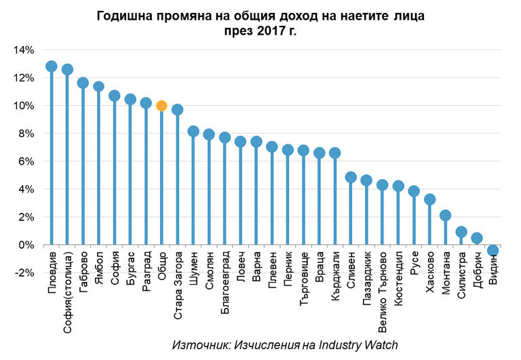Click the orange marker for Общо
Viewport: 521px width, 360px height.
pos(161,105)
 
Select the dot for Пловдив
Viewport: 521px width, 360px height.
pos(51,66)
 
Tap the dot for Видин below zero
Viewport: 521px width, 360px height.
pos(493,250)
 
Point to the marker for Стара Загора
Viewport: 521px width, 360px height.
pos(177,110)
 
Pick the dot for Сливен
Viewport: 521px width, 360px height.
pos(351,177)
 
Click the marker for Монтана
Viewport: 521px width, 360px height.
pos(446,216)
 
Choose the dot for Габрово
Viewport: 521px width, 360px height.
pos(83,83)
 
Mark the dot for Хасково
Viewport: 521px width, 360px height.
pos(429,199)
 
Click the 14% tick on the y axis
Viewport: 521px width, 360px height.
pos(24,49)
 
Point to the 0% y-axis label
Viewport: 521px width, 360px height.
pos(26,244)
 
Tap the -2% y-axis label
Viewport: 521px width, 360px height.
pos(24,272)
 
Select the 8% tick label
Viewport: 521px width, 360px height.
pos(26,133)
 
